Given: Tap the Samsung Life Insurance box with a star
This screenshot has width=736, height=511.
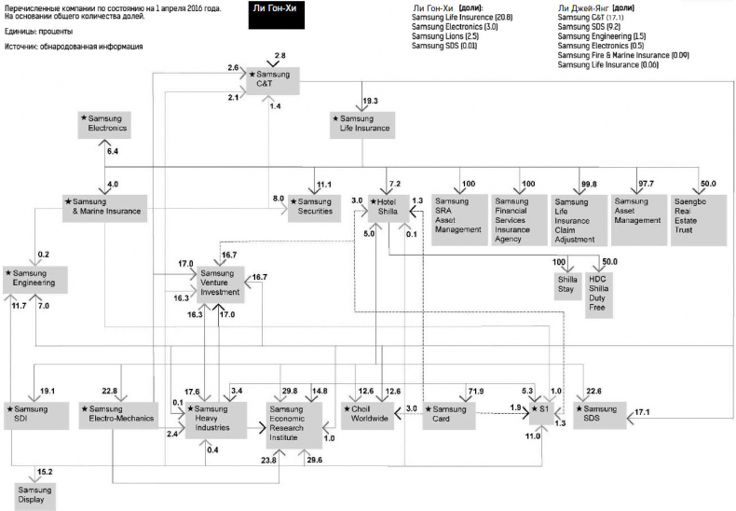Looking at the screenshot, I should click(x=361, y=124).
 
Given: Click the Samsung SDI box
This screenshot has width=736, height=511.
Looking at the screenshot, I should click(x=34, y=417).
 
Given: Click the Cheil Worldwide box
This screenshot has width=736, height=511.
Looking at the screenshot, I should click(x=370, y=414).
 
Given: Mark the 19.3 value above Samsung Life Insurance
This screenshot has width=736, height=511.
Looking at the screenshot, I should click(x=370, y=100).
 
